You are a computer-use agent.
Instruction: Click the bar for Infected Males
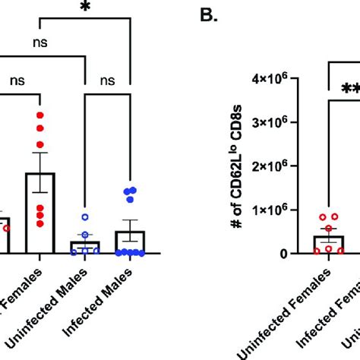click(131, 242)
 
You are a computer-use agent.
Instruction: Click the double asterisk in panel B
click(350, 89)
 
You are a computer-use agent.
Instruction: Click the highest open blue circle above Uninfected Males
click(85, 216)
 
